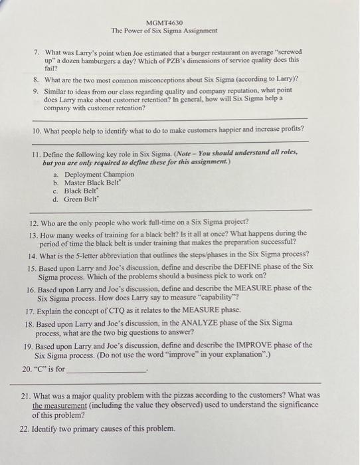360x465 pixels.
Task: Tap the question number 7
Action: (x=38, y=51)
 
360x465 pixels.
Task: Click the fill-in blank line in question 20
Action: (x=106, y=370)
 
